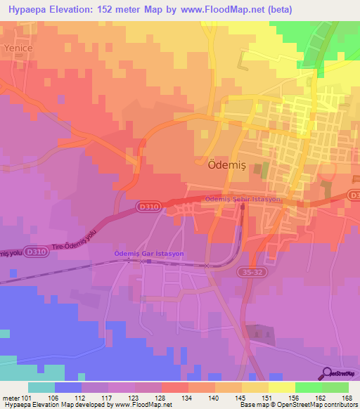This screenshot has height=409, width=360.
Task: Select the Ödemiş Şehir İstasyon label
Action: [243, 199]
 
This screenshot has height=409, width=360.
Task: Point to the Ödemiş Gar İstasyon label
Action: [149, 253]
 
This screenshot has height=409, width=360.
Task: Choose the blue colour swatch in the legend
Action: [68, 387]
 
